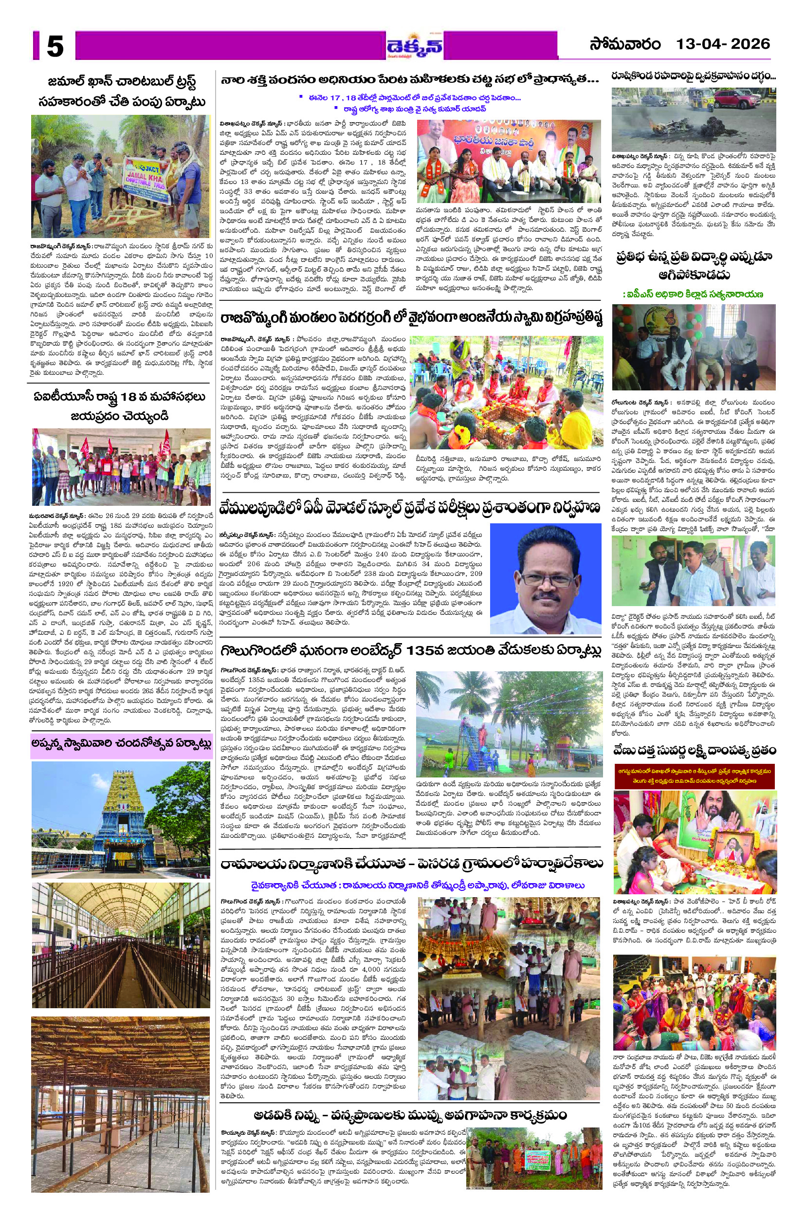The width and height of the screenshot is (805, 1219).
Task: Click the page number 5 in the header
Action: (55, 46)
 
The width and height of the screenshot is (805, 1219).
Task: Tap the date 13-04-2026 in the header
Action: (722, 44)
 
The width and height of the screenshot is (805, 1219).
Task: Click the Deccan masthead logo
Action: (415, 47)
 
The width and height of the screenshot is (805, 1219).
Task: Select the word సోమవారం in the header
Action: (624, 45)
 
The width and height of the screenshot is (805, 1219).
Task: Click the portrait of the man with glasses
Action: (545, 578)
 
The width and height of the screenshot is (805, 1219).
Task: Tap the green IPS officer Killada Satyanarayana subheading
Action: (693, 294)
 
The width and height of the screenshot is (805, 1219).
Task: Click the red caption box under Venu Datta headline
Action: (695, 776)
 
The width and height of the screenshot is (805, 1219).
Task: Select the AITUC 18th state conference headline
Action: (120, 406)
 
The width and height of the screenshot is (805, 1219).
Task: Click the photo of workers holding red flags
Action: (121, 467)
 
